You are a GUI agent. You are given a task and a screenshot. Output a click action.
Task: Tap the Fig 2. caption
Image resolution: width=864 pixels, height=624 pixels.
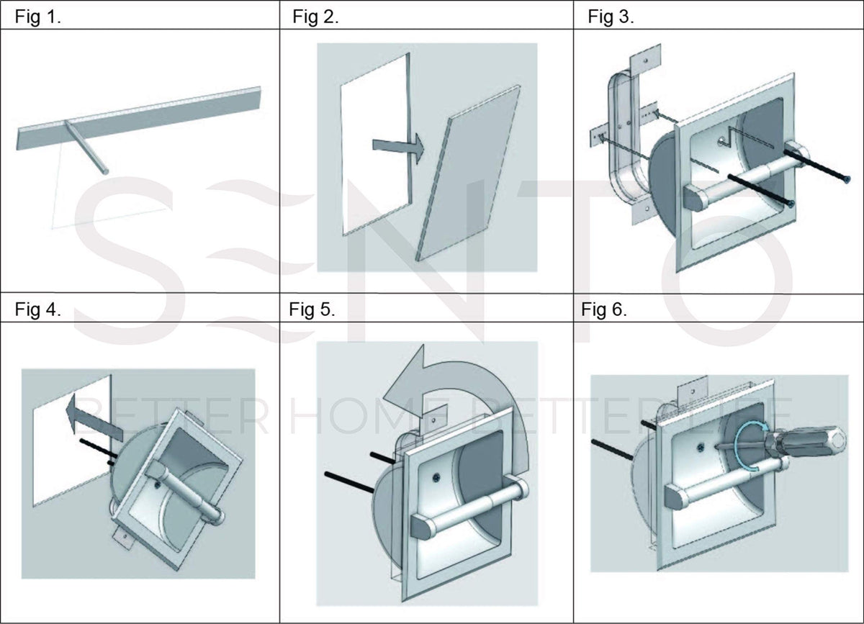[x=315, y=17]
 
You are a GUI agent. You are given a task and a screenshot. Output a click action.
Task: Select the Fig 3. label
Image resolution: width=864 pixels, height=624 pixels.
[x=611, y=17]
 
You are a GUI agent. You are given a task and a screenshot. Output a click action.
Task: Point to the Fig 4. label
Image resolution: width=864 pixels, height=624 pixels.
[x=38, y=310]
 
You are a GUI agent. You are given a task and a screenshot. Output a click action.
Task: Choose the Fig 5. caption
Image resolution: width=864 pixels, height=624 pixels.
[x=312, y=310]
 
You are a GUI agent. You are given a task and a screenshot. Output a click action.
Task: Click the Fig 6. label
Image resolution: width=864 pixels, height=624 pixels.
[x=604, y=310]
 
